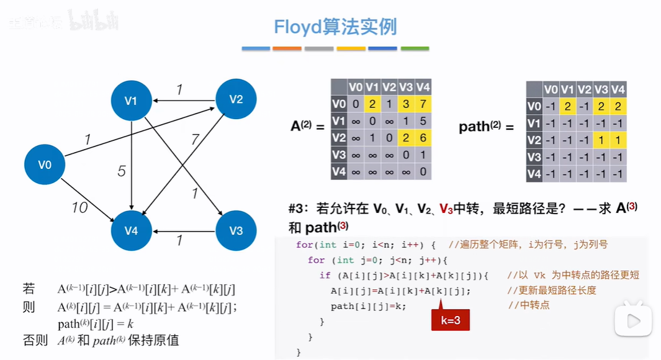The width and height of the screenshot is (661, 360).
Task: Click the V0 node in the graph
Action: [45, 164]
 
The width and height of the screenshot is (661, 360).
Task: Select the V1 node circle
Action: [130, 99]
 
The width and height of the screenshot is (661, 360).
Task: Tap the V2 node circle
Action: [235, 99]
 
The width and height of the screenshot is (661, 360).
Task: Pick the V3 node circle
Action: [235, 231]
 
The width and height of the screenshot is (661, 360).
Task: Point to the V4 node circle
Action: [130, 231]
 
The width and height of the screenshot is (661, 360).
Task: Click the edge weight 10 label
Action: [79, 207]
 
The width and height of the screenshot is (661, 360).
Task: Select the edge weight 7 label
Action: [195, 139]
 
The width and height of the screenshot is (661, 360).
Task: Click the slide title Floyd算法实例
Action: [335, 27]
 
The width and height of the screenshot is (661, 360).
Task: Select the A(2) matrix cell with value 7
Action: [423, 104]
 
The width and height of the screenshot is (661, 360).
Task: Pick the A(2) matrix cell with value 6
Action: [423, 138]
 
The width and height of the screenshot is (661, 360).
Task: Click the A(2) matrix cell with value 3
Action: [406, 104]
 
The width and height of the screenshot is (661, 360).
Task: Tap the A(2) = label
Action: [308, 127]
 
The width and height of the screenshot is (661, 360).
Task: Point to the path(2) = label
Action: [487, 127]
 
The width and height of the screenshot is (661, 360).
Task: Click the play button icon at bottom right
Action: [633, 320]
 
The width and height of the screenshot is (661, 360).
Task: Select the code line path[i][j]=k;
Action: [368, 306]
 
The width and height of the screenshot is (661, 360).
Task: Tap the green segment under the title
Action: [415, 48]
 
